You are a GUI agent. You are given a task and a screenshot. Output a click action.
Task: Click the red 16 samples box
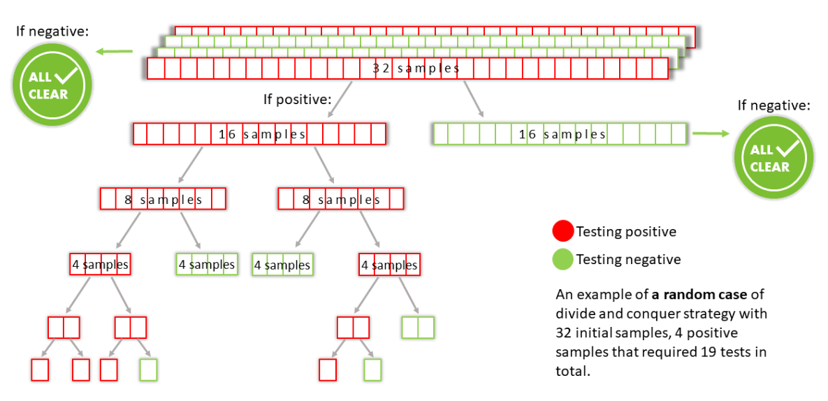point(260,134)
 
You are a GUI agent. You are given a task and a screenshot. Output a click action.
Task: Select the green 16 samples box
point(560,134)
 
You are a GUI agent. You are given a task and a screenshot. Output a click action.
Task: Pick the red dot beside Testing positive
point(562,231)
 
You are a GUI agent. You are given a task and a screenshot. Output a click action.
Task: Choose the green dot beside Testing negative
point(562,259)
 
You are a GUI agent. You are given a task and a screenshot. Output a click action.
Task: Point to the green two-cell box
point(418,327)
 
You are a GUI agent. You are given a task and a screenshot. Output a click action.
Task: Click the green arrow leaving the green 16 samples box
point(710,134)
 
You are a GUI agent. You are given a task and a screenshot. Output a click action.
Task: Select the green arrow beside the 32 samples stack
point(114,51)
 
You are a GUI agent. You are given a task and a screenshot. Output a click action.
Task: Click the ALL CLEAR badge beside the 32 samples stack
point(52,84)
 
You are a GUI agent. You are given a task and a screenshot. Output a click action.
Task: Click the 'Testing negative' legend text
point(628,259)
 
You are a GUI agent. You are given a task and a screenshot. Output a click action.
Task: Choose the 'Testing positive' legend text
point(626,231)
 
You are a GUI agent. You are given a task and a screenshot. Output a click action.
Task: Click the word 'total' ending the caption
point(571,371)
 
